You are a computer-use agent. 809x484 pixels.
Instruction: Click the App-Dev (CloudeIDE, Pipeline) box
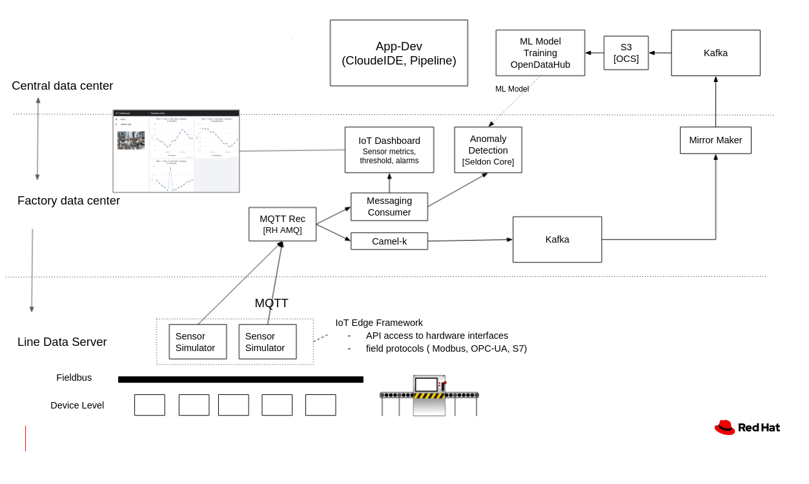(x=398, y=53)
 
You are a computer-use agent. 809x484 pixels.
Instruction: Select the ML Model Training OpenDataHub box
(x=540, y=53)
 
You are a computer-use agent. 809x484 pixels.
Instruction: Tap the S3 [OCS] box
(x=626, y=53)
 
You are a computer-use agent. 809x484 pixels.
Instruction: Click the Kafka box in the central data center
(x=715, y=53)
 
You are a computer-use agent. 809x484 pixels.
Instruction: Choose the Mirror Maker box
(x=715, y=140)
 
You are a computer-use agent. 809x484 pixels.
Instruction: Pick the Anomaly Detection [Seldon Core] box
(x=487, y=150)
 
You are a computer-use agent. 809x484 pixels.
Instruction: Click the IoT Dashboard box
(x=389, y=150)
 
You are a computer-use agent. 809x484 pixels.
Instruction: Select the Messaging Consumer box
(x=389, y=207)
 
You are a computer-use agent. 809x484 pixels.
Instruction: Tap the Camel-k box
(x=389, y=241)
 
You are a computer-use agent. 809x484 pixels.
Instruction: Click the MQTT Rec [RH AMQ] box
(x=282, y=224)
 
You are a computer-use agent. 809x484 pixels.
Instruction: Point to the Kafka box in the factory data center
(x=557, y=239)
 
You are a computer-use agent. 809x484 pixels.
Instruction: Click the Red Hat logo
(x=747, y=427)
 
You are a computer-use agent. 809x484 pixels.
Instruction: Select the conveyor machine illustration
(x=429, y=396)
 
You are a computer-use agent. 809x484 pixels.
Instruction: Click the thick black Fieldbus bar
(x=240, y=379)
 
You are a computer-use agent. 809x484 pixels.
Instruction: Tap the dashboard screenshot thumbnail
(x=176, y=151)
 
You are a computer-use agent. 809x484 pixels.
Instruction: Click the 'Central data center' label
(x=62, y=86)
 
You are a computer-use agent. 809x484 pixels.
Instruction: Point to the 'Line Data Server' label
(x=62, y=342)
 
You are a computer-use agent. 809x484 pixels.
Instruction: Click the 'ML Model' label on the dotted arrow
(x=511, y=89)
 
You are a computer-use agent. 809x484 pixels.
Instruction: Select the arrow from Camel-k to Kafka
(x=469, y=241)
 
